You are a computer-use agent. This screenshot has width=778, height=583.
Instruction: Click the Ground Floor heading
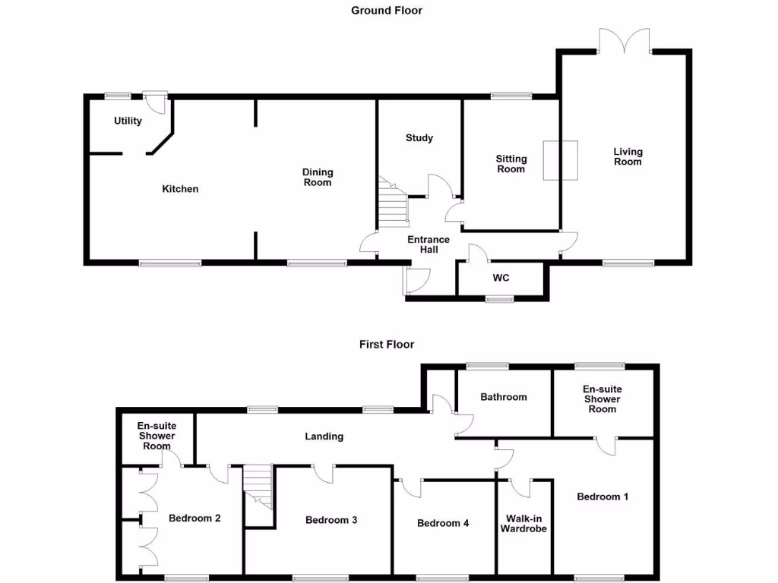click(x=386, y=11)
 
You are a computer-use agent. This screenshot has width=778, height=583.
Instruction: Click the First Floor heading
click(x=387, y=345)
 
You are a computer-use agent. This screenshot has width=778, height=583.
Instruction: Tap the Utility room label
click(x=128, y=121)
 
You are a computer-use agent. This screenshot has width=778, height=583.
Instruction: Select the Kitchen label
click(x=180, y=189)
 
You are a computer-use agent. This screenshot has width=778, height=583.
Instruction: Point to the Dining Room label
click(x=318, y=178)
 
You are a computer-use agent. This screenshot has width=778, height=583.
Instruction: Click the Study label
click(x=419, y=138)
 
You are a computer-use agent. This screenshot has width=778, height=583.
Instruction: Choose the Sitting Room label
click(x=511, y=164)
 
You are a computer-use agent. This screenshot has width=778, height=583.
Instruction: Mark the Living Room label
click(x=628, y=156)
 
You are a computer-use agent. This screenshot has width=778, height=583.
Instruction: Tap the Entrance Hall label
click(x=429, y=244)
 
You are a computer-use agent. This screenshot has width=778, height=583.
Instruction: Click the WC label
click(x=501, y=278)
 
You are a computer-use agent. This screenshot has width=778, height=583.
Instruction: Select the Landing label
click(x=324, y=436)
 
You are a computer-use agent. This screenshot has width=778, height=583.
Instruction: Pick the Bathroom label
click(x=503, y=397)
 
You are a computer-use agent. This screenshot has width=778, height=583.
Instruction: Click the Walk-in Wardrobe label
click(x=523, y=524)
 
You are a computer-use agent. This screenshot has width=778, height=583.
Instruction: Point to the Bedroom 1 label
click(x=602, y=497)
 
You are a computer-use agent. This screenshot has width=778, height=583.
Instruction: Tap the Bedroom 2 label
click(x=194, y=518)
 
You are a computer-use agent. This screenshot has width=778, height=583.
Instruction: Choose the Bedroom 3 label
click(x=331, y=520)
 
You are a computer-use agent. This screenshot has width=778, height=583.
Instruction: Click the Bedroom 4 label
click(x=443, y=523)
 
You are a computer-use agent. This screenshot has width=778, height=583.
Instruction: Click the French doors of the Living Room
click(x=624, y=41)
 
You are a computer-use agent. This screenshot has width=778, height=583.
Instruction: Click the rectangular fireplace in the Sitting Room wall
click(x=560, y=160)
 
